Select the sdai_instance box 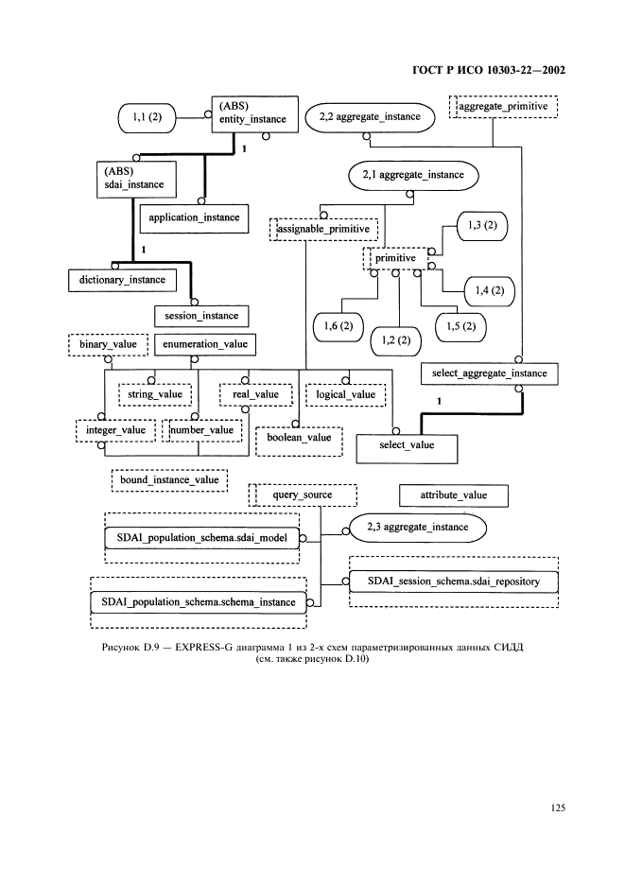(x=132, y=177)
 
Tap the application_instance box (x=195, y=217)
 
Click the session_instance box (x=201, y=315)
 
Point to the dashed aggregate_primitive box (x=503, y=105)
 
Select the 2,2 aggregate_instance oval (x=371, y=116)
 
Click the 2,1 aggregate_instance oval (x=413, y=176)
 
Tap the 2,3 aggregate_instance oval (x=417, y=526)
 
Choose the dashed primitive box (x=395, y=257)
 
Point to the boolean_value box (x=299, y=438)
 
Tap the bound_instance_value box (x=168, y=480)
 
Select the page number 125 (x=556, y=807)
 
